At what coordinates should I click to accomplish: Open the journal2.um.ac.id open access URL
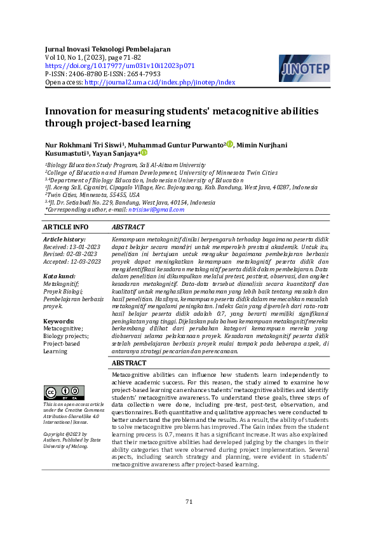pyautogui.click(x=159, y=83)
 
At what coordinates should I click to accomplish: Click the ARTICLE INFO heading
pyautogui.click(x=66, y=227)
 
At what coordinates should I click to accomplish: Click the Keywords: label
pyautogui.click(x=59, y=322)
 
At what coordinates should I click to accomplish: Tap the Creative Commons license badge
pyautogui.click(x=64, y=376)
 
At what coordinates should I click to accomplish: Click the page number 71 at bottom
pyautogui.click(x=189, y=502)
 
